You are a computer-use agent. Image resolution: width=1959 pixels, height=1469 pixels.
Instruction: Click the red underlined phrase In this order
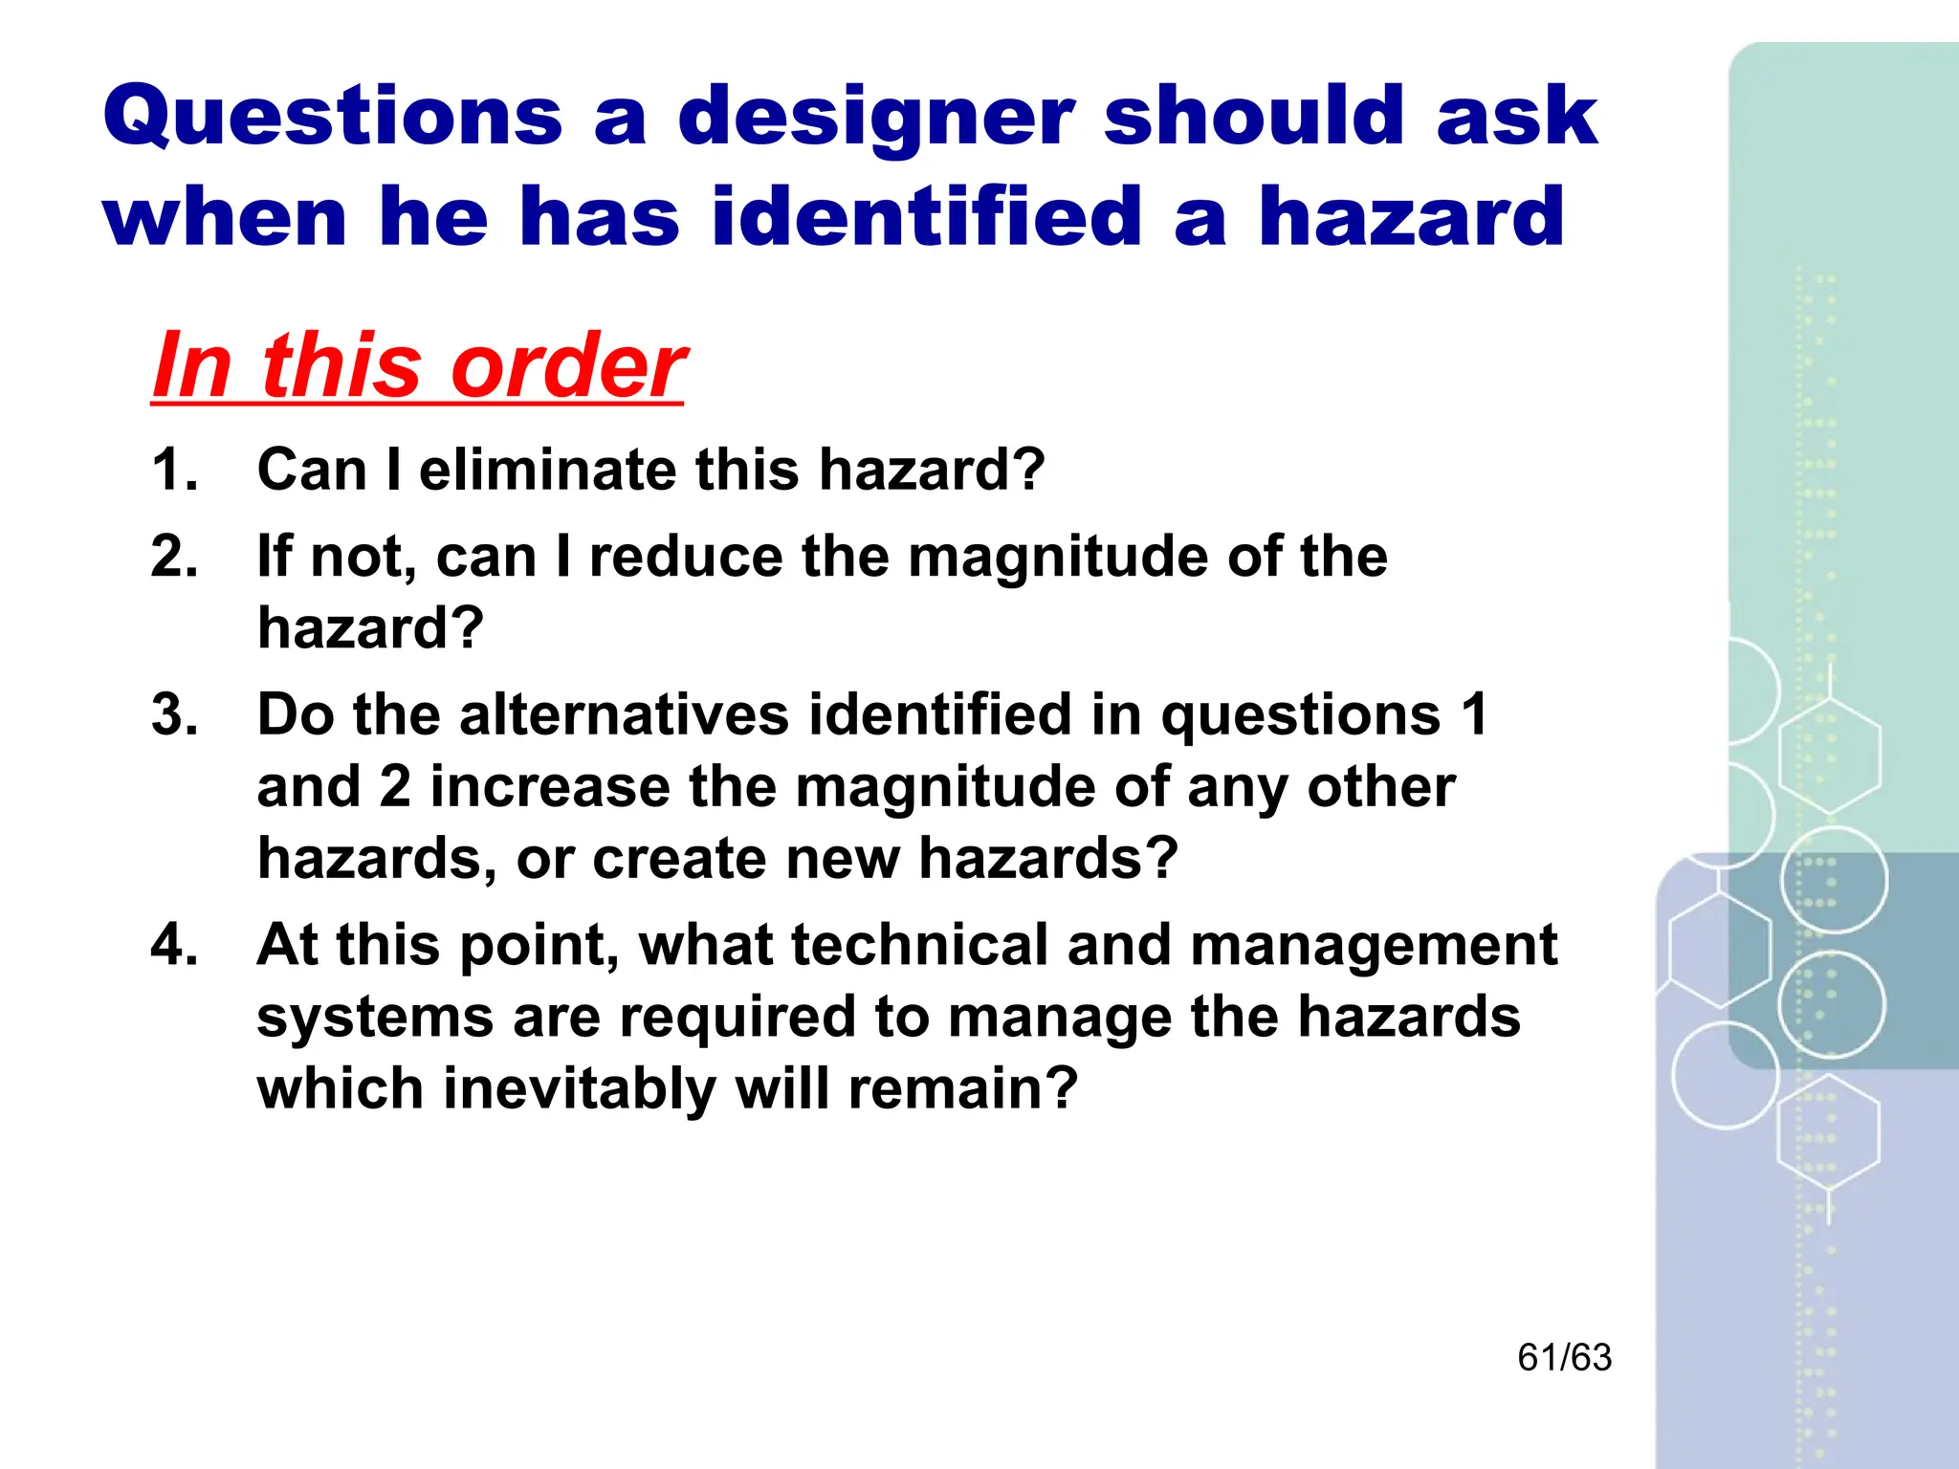tap(419, 366)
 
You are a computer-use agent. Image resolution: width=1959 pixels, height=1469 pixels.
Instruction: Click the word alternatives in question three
tap(624, 714)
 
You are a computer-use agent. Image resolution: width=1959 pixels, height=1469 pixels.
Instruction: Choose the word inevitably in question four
tap(580, 1089)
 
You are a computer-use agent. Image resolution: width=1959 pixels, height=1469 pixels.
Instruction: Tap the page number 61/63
tap(1564, 1358)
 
